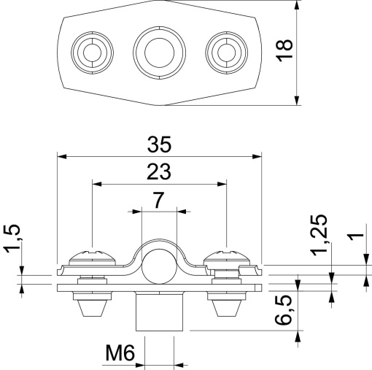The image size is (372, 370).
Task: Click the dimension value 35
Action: (159, 143)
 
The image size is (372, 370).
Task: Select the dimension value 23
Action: (159, 171)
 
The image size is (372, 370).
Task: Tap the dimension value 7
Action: (159, 199)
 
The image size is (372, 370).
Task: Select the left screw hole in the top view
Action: (92, 51)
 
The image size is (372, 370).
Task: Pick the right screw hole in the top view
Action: (225, 51)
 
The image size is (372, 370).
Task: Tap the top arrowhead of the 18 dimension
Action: (298, 5)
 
